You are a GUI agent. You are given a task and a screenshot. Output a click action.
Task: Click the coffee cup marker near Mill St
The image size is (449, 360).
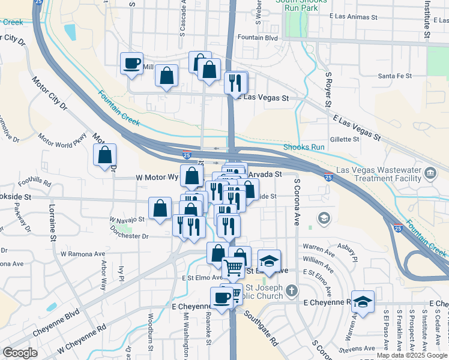tap(131, 63)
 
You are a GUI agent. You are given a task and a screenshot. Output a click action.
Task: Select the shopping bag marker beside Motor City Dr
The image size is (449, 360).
tap(105, 155)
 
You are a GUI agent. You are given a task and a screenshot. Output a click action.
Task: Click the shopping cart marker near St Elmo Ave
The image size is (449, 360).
tap(234, 268)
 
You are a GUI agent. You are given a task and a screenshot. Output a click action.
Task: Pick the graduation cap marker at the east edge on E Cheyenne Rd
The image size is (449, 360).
tap(363, 302)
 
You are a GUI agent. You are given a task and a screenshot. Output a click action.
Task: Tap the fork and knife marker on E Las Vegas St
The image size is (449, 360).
tap(235, 82)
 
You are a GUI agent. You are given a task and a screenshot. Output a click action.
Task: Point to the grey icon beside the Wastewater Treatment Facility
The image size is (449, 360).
tap(430, 174)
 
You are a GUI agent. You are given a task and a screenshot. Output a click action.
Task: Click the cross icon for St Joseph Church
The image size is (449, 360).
tap(291, 291)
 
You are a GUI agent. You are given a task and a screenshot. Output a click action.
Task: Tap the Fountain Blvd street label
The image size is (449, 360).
tap(258, 37)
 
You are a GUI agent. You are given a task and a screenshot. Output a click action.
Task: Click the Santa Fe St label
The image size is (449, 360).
tap(394, 76)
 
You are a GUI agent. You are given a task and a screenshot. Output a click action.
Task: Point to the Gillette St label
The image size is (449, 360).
tap(344, 139)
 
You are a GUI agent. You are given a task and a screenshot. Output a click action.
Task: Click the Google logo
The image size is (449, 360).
tap(20, 353)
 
